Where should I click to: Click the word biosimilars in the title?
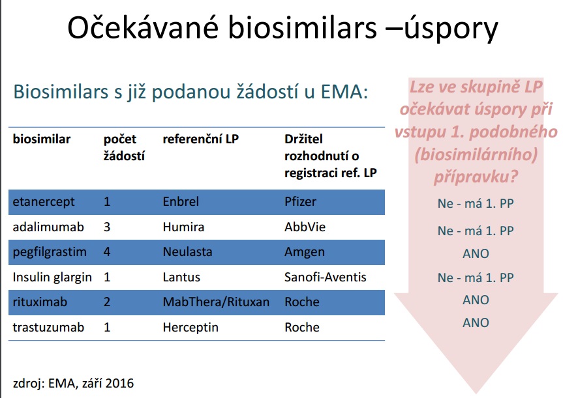pyautogui.click(x=303, y=27)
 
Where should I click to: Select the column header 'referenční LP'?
pyautogui.click(x=201, y=139)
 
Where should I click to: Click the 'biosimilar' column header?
pyautogui.click(x=42, y=139)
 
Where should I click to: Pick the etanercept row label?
pyautogui.click(x=44, y=202)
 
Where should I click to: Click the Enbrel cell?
pyautogui.click(x=181, y=201)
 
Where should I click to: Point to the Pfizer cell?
pyautogui.click(x=300, y=201)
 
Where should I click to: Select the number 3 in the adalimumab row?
pyautogui.click(x=107, y=227)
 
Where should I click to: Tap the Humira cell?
pyautogui.click(x=183, y=227)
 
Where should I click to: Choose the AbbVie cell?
pyautogui.click(x=305, y=227)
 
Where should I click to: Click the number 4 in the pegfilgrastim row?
pyautogui.click(x=107, y=251)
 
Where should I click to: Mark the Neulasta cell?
pyautogui.click(x=187, y=251)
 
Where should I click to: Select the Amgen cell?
pyautogui.click(x=305, y=252)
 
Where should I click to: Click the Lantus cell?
pyautogui.click(x=181, y=277)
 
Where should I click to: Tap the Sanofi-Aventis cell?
pyautogui.click(x=326, y=277)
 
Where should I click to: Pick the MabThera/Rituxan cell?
pyautogui.click(x=216, y=302)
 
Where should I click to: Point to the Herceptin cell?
pyautogui.click(x=190, y=328)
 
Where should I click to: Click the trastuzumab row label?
pyautogui.click(x=48, y=328)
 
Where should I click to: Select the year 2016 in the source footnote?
pyautogui.click(x=120, y=383)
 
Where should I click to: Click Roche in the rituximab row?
pyautogui.click(x=302, y=302)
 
